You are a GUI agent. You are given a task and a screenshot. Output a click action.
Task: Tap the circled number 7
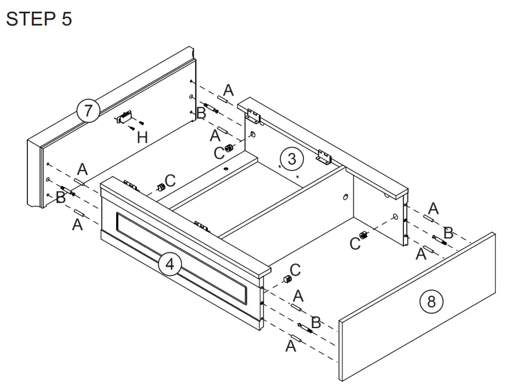pos(88,110)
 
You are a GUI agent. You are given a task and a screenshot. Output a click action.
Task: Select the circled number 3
pos(291,158)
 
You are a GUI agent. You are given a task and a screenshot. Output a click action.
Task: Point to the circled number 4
pos(169,264)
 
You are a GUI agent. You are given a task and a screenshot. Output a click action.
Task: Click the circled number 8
pos(431,301)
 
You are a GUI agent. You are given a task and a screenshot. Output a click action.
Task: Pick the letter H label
pos(142,137)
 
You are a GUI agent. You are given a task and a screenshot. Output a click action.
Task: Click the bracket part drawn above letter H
pos(125,117)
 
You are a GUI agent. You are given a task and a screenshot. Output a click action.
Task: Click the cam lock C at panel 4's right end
pos(286,279)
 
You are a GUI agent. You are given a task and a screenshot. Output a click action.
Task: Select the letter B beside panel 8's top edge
pos(447,233)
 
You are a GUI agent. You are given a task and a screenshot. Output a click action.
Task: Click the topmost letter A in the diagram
pos(229,90)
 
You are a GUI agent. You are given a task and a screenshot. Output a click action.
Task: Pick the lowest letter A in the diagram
pos(291,346)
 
